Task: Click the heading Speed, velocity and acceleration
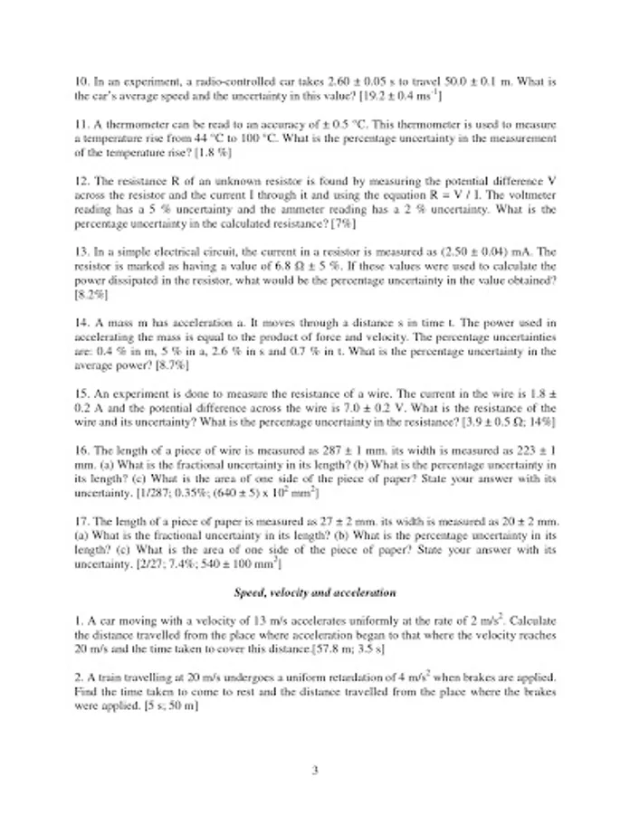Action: pyautogui.click(x=314, y=593)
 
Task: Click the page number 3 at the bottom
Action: pyautogui.click(x=315, y=771)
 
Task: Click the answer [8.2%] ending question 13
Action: pyautogui.click(x=91, y=294)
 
